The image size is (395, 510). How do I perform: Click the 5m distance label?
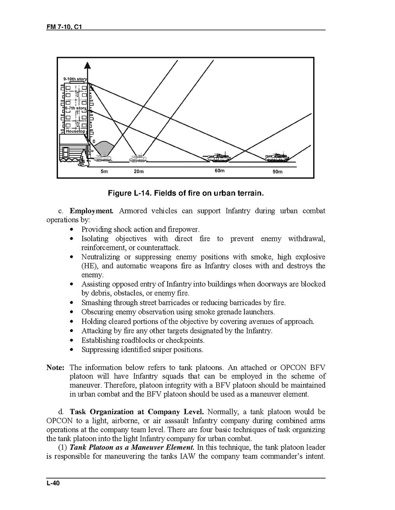pyautogui.click(x=104, y=172)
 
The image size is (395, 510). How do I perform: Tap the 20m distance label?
pyautogui.click(x=139, y=172)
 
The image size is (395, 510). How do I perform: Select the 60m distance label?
pyautogui.click(x=219, y=171)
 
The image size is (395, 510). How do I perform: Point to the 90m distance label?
pyautogui.click(x=277, y=172)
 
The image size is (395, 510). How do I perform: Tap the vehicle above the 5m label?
pyautogui.click(x=102, y=158)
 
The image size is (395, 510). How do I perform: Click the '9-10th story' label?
pyautogui.click(x=75, y=80)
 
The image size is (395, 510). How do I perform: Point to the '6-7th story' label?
pyautogui.click(x=76, y=109)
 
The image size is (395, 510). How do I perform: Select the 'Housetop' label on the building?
pyautogui.click(x=76, y=132)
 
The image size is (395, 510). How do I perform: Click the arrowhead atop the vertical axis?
pyautogui.click(x=87, y=65)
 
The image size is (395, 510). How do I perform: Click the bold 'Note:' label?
pyautogui.click(x=55, y=367)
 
